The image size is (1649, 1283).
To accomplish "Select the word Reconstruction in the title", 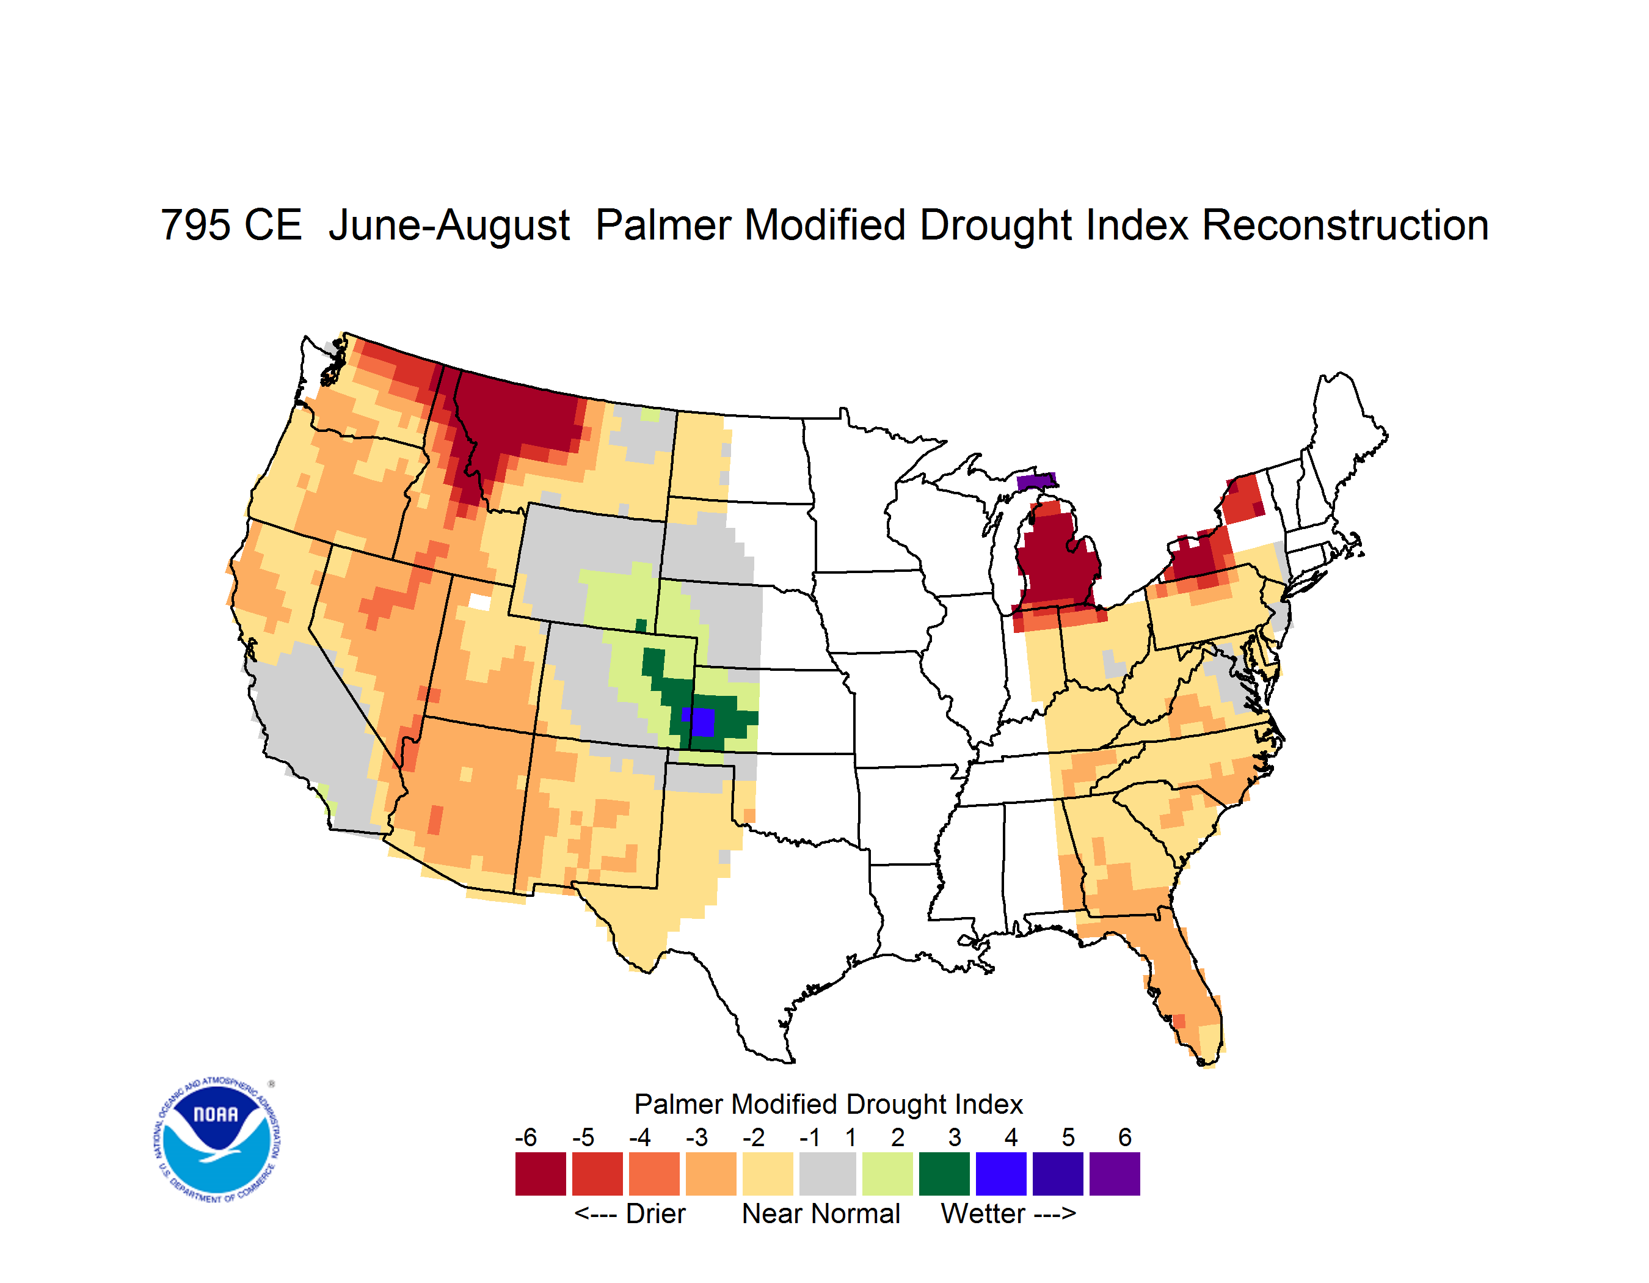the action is tap(1345, 225).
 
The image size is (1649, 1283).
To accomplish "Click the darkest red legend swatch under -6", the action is tap(541, 1174).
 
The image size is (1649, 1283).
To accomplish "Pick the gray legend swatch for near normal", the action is tap(828, 1174).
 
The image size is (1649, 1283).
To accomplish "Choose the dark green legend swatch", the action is tap(944, 1174).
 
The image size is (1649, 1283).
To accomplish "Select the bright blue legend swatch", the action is tap(1001, 1174).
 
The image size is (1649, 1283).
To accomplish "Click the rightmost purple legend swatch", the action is tap(1115, 1174).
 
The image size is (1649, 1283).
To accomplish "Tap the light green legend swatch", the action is tap(887, 1174).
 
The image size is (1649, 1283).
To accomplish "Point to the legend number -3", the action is tap(696, 1137).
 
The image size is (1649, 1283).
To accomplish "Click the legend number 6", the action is tap(1125, 1137).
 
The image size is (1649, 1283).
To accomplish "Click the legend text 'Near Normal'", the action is tap(821, 1213).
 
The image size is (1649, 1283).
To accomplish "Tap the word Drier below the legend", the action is tap(655, 1213).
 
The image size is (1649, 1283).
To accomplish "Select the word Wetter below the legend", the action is tap(983, 1213).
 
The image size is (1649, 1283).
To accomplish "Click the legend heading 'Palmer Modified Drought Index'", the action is tap(828, 1104).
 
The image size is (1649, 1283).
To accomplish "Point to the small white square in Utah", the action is tap(479, 602).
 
